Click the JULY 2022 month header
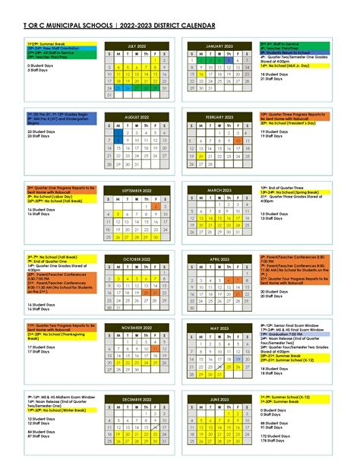click(136, 46)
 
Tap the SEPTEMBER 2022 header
click(136, 189)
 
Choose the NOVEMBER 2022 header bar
click(136, 327)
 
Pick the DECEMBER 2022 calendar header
click(136, 398)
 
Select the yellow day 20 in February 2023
click(199, 156)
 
